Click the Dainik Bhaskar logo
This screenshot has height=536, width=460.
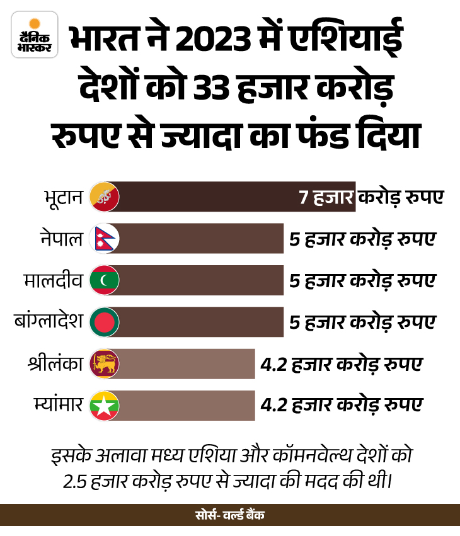(x=35, y=35)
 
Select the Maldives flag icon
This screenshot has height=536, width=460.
(x=105, y=280)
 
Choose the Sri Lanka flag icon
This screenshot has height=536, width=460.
(x=105, y=364)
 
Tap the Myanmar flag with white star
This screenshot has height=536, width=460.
(x=105, y=406)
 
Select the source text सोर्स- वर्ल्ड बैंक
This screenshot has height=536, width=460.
(x=230, y=515)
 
